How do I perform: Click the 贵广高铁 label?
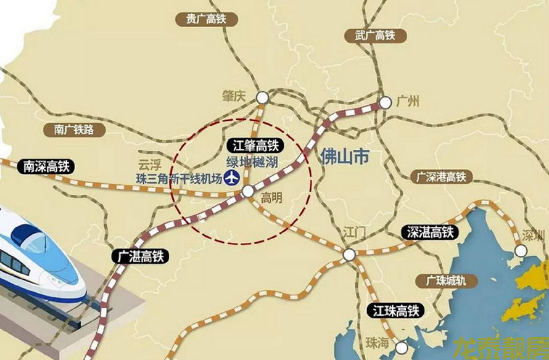coord(202,19)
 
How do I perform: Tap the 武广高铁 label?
coord(375,35)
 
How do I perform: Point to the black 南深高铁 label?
coord(46,166)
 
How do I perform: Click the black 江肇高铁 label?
coord(257,146)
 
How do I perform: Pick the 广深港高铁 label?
coord(441,177)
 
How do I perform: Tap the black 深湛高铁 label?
coord(431,232)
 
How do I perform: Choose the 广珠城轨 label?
coord(445,280)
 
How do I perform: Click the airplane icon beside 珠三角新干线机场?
coord(232,179)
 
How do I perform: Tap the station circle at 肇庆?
coord(263,97)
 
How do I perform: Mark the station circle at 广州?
coord(386,103)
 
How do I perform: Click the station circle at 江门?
coord(350,254)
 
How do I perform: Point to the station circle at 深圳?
coord(521,250)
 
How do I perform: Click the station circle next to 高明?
coord(248,192)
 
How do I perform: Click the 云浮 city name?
coord(149,165)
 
